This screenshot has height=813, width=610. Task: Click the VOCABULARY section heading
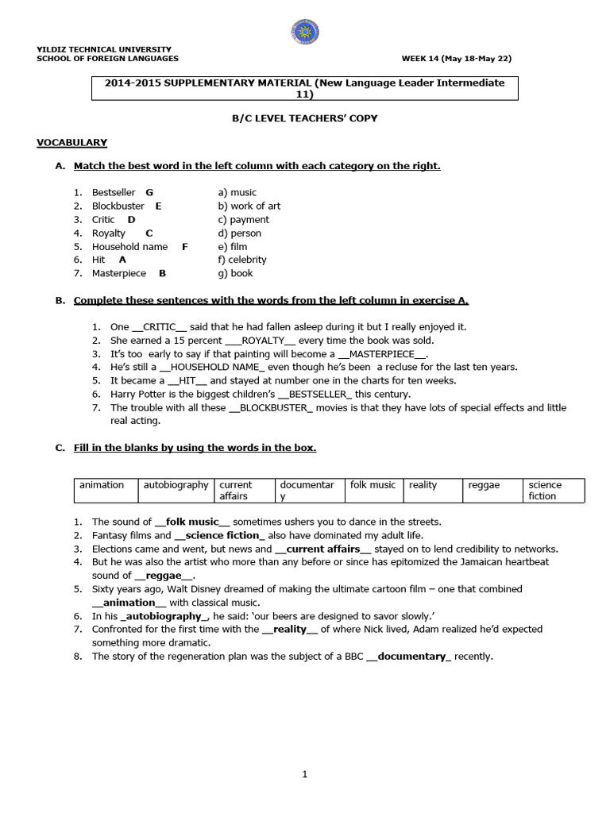click(71, 142)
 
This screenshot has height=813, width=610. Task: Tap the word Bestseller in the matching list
click(114, 192)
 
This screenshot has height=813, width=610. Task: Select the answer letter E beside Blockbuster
click(158, 206)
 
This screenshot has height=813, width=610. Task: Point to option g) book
click(235, 273)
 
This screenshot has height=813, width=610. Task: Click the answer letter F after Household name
click(184, 246)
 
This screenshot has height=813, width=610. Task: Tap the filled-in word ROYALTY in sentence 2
click(262, 340)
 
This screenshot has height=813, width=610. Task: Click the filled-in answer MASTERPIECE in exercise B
click(384, 353)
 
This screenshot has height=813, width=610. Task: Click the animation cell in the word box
click(102, 485)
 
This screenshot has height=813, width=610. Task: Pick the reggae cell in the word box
click(484, 485)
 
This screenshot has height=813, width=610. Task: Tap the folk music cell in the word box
click(373, 485)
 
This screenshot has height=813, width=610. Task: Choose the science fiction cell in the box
click(545, 490)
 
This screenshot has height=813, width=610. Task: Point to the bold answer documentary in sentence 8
click(408, 657)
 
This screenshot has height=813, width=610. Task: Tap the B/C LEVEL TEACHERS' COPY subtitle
click(304, 118)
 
